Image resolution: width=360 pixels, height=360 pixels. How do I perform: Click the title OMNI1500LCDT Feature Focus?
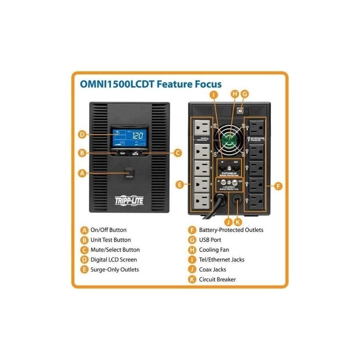click(150, 84)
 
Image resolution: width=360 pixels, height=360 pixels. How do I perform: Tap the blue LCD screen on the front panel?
click(129, 137)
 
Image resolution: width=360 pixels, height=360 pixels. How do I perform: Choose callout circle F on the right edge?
click(278, 186)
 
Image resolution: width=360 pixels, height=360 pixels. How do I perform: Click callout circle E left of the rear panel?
click(180, 184)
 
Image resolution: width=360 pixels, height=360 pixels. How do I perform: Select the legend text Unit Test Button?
click(111, 240)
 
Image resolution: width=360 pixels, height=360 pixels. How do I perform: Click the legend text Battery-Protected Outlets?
click(231, 230)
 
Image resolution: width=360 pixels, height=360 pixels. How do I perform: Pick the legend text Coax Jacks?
click(213, 269)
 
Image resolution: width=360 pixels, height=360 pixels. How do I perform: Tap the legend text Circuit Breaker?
click(217, 280)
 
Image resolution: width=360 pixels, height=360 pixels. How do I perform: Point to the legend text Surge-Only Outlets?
click(114, 269)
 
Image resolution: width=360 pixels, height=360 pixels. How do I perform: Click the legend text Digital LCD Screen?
click(114, 260)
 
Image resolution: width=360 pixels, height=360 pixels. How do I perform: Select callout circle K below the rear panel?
click(237, 220)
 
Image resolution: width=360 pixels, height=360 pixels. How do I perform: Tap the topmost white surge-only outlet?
click(202, 128)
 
